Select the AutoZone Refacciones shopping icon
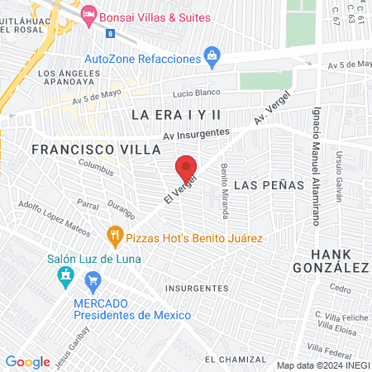(x=212, y=59)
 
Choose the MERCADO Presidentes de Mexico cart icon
(x=93, y=281)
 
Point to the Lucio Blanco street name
(x=193, y=93)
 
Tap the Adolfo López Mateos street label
(x=55, y=217)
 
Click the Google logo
(x=27, y=361)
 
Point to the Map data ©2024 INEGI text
(x=322, y=365)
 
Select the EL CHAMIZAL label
(x=236, y=359)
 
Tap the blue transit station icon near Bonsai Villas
(x=111, y=33)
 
